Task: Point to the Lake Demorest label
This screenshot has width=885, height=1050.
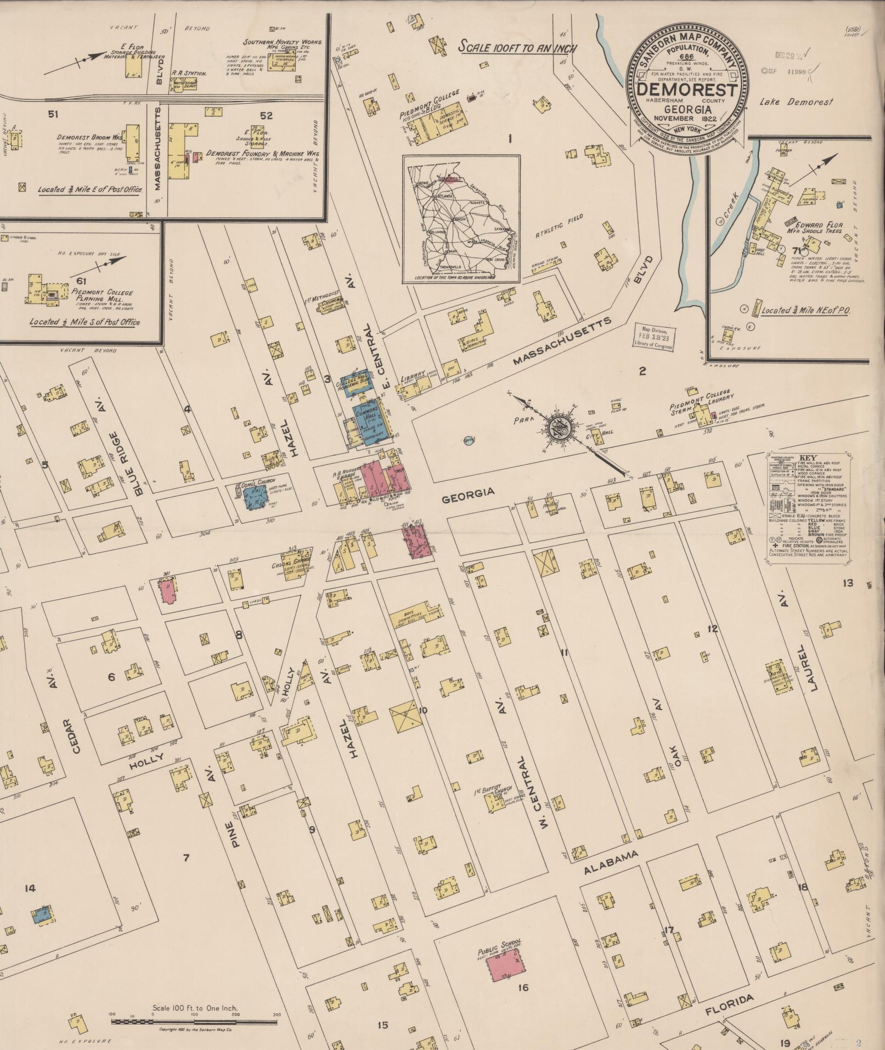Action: [x=796, y=102]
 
